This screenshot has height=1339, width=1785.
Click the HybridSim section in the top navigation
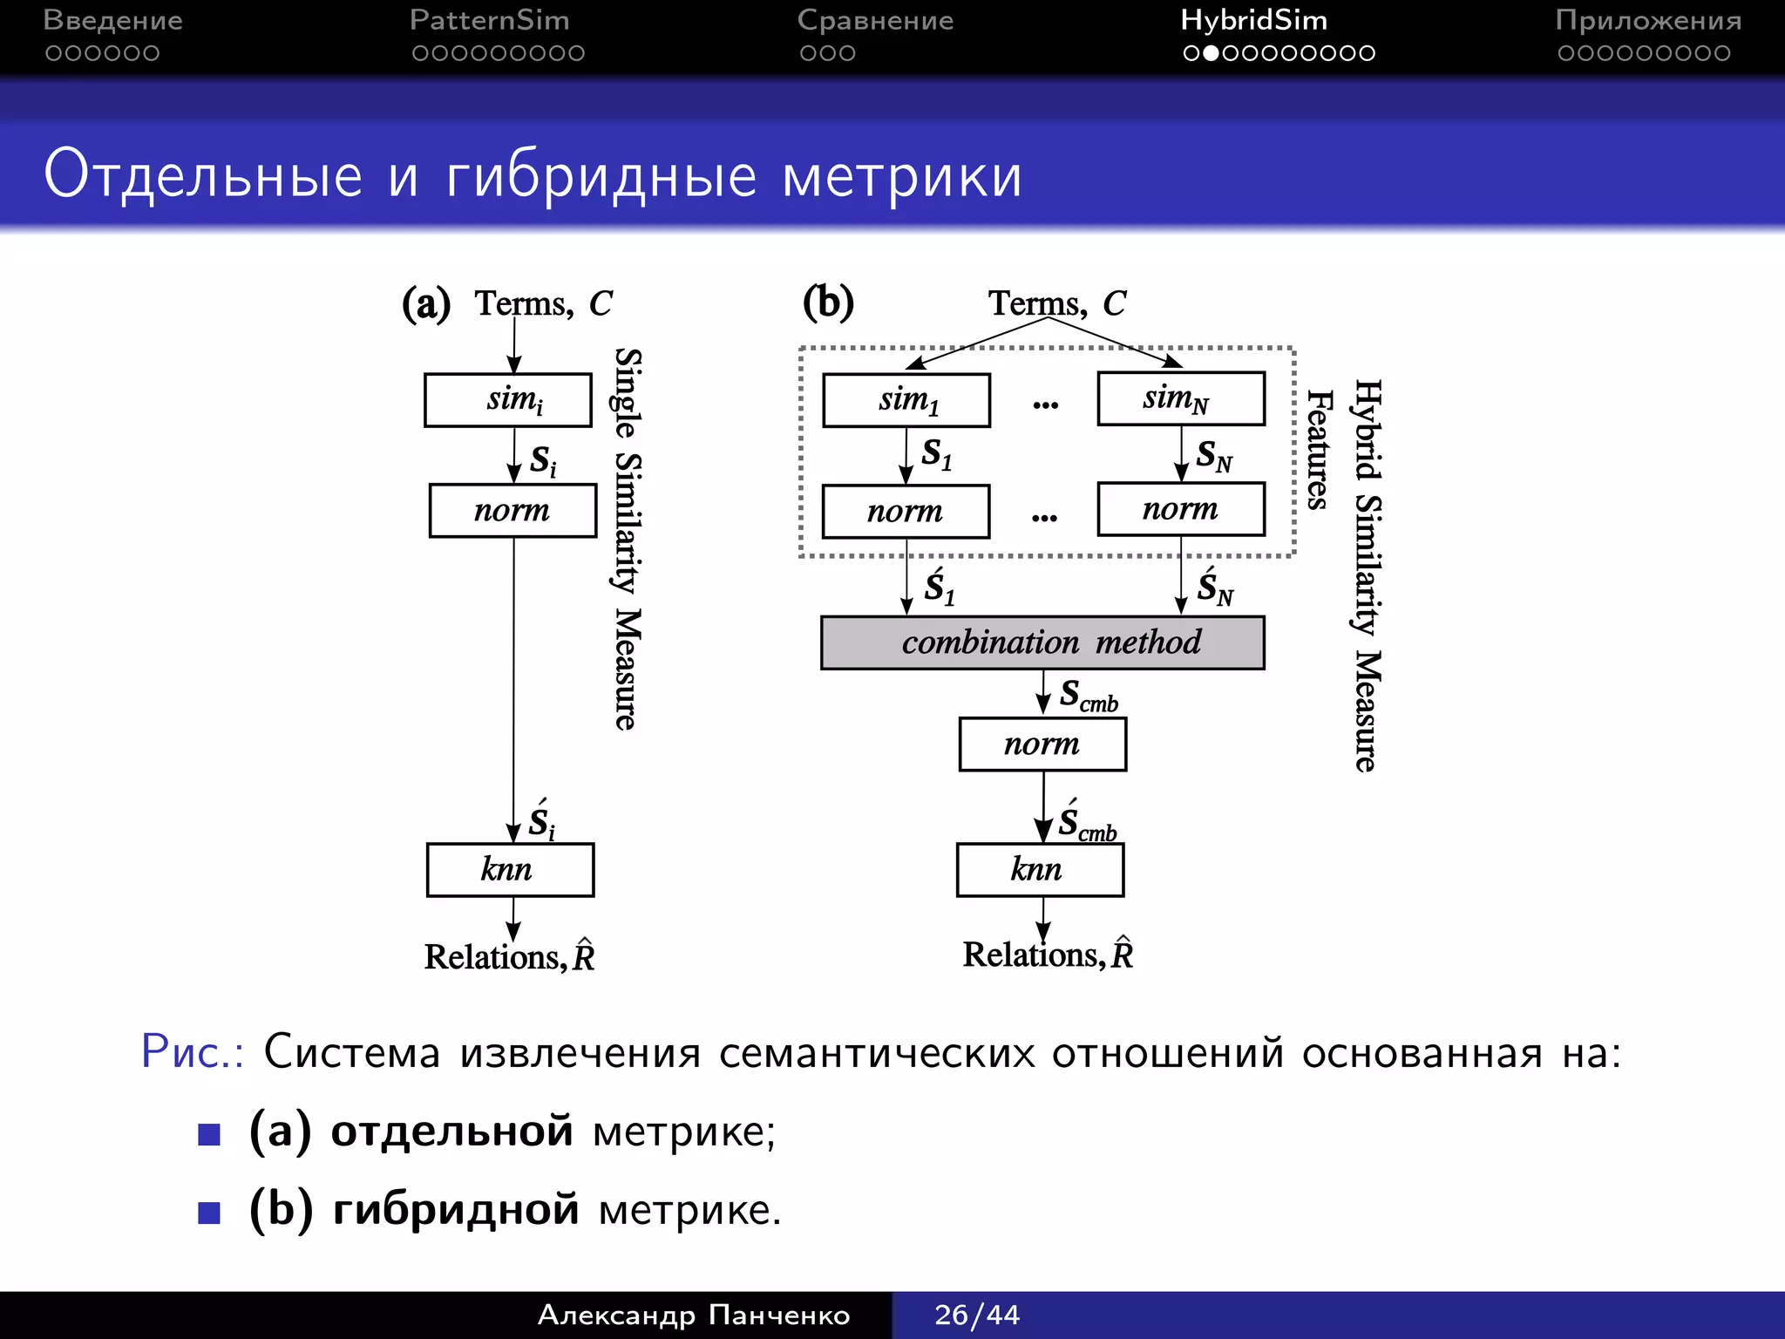click(1253, 20)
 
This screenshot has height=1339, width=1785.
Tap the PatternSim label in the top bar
click(489, 20)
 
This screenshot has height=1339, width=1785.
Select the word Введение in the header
click(112, 20)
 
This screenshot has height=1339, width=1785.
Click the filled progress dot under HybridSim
click(1211, 53)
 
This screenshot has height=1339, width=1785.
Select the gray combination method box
click(1042, 642)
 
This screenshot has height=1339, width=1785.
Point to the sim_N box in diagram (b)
click(1181, 399)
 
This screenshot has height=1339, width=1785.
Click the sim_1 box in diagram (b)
click(906, 400)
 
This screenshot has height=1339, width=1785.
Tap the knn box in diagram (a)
click(510, 869)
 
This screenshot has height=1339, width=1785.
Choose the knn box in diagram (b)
click(1040, 869)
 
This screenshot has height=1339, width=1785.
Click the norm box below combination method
click(1042, 744)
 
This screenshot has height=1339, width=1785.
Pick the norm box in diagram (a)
click(512, 511)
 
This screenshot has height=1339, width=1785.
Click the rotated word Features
click(1318, 450)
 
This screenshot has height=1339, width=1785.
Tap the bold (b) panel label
click(828, 302)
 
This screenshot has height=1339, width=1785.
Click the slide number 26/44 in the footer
click(976, 1315)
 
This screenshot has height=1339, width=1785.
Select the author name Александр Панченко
click(694, 1315)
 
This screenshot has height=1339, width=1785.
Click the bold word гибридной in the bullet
click(456, 1210)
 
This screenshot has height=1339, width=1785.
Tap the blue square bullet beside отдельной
click(209, 1134)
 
